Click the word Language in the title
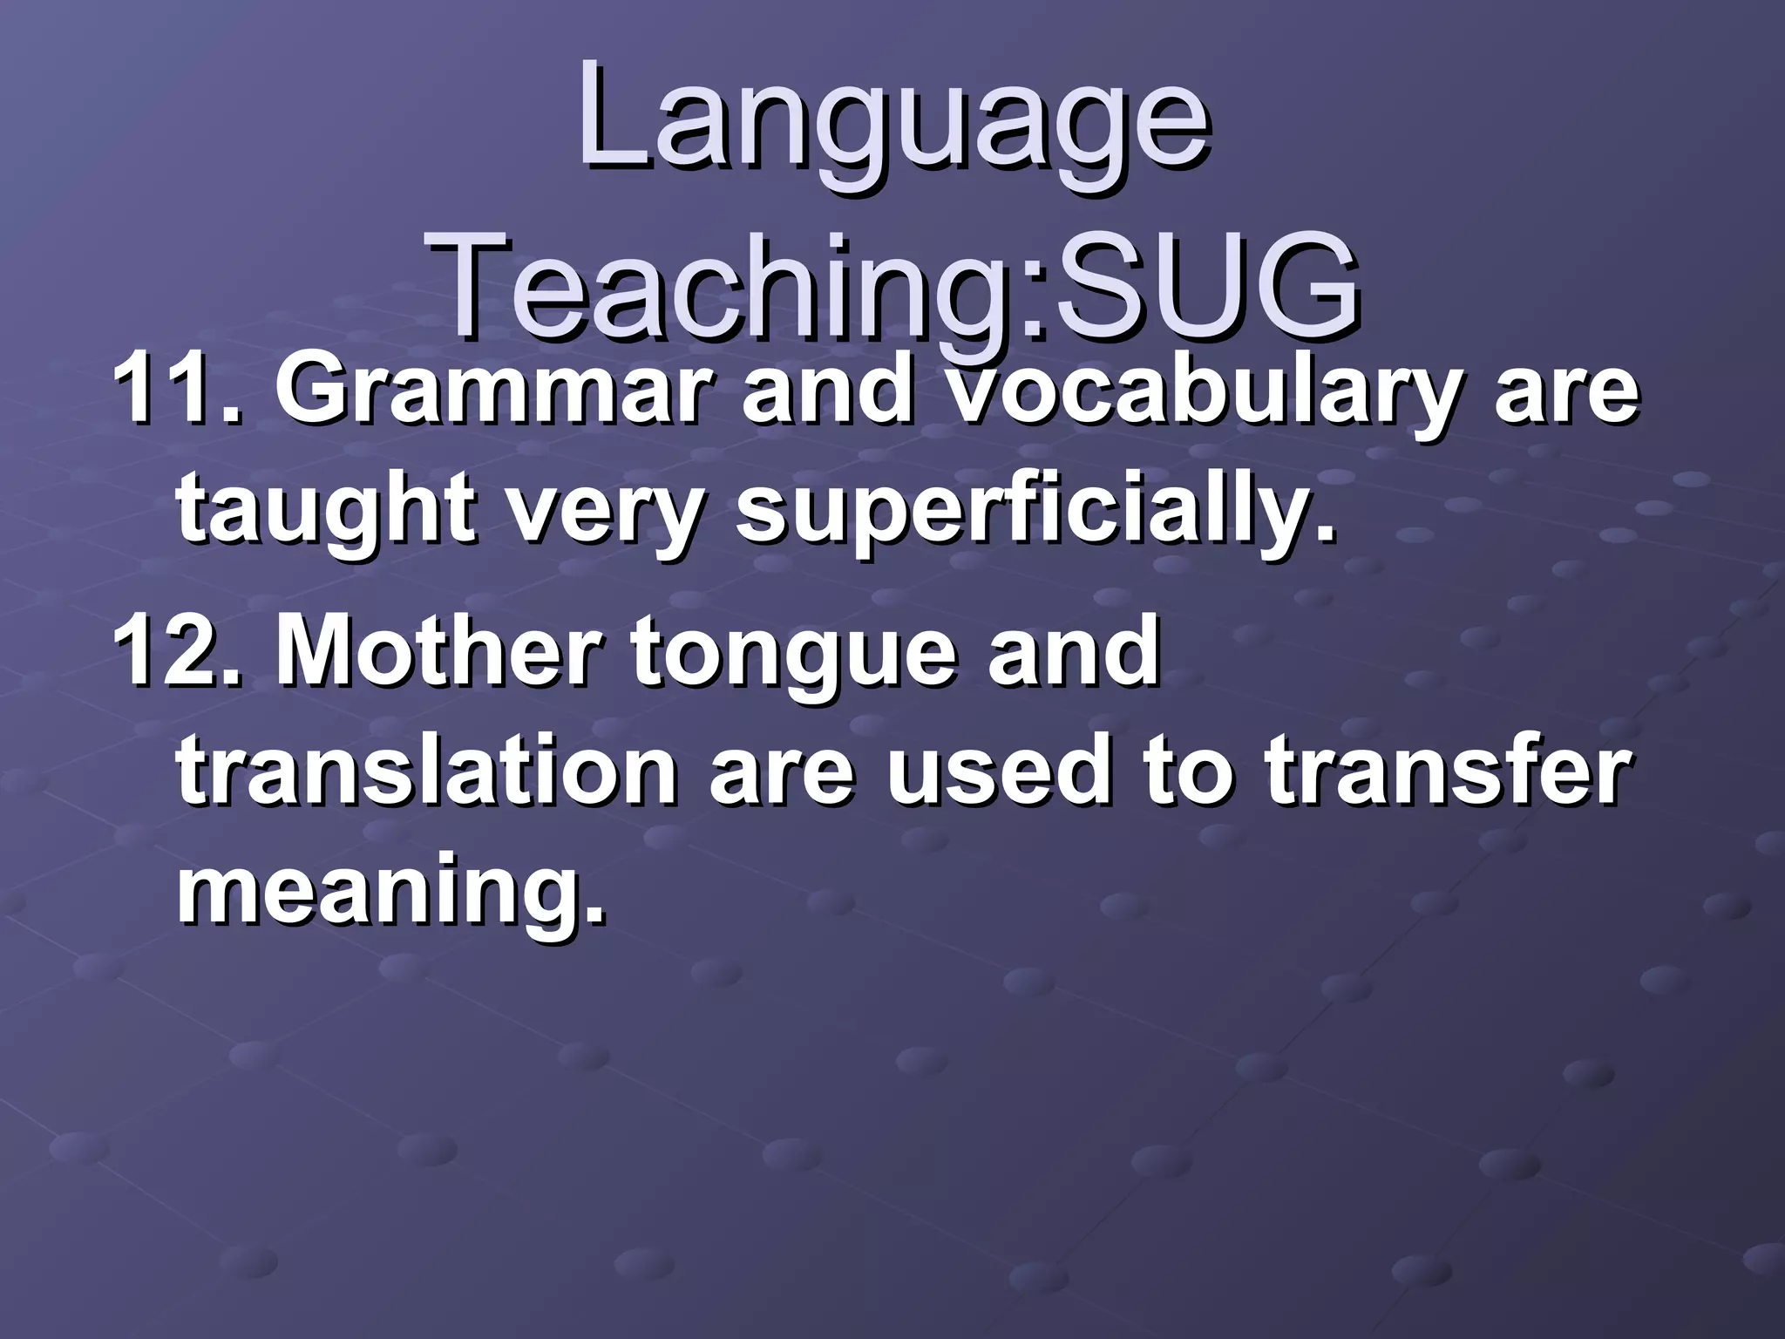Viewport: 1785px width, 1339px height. coord(892,122)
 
